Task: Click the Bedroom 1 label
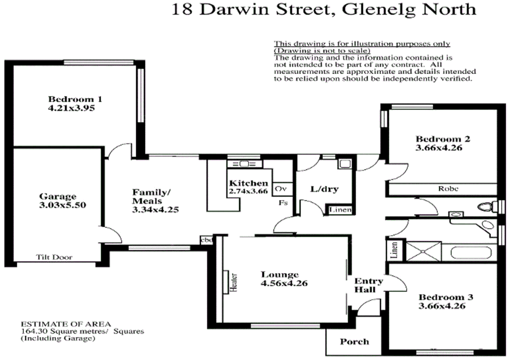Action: (x=75, y=99)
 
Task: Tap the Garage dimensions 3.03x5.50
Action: (x=63, y=205)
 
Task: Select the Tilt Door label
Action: (x=54, y=257)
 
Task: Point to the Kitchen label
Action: (x=248, y=183)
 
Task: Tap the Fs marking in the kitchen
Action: (x=283, y=202)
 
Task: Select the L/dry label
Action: (x=324, y=189)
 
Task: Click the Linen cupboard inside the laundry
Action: (x=340, y=210)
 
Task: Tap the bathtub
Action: (x=471, y=252)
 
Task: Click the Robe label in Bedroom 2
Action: (x=448, y=189)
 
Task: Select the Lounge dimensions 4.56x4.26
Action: (x=284, y=283)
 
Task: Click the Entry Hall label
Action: (x=368, y=285)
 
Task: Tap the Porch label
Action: (x=354, y=342)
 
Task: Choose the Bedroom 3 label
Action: (x=446, y=297)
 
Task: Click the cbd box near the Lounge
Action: (x=207, y=240)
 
